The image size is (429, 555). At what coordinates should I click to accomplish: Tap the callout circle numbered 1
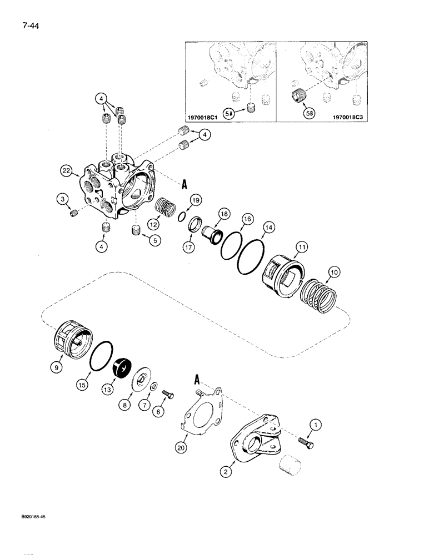pos(316,426)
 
